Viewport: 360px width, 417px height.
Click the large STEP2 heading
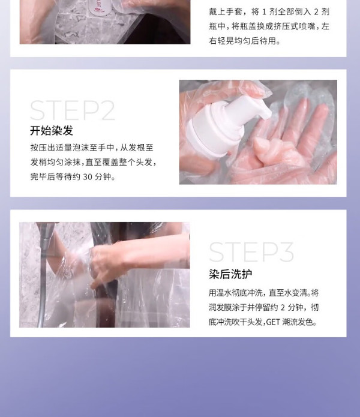click(73, 110)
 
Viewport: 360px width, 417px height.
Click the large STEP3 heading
click(251, 252)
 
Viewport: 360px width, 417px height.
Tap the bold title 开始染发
click(52, 131)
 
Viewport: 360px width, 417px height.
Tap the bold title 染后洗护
click(230, 274)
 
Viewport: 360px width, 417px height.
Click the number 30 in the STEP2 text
click(88, 176)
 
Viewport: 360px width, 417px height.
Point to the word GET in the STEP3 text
click(273, 322)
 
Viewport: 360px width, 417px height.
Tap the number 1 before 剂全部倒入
click(264, 12)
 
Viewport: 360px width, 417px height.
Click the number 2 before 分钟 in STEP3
click(283, 307)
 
